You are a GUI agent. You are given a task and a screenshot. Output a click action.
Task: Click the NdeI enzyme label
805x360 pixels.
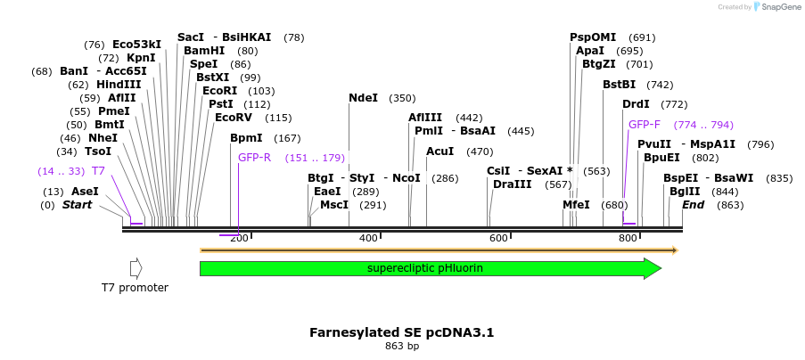363,98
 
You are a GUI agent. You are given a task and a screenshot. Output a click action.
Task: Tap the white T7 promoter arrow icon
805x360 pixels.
136,268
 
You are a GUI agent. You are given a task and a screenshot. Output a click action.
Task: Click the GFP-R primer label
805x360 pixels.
254,158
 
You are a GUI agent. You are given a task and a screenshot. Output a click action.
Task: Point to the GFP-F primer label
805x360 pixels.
645,125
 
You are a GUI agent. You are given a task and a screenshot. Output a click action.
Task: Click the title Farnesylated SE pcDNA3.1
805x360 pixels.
401,332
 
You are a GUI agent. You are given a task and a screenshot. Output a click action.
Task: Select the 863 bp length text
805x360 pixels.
401,346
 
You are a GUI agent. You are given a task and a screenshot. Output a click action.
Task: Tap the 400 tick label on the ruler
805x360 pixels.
368,239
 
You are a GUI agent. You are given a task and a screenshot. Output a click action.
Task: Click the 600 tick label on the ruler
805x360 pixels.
498,239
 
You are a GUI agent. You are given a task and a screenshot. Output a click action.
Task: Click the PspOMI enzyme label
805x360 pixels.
593,37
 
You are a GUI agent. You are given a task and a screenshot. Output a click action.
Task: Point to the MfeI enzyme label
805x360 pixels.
576,204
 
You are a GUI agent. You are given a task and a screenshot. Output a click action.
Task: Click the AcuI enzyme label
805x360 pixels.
440,151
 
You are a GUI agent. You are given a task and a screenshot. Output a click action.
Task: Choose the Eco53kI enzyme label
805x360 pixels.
136,45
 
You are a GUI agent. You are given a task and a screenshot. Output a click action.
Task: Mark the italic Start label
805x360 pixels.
77,205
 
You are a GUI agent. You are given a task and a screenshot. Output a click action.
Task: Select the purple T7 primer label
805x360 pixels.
99,171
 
